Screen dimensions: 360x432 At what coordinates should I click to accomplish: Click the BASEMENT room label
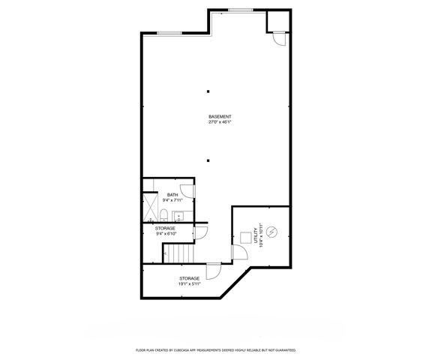click(x=220, y=116)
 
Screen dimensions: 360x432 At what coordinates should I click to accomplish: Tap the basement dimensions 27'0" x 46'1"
click(x=220, y=122)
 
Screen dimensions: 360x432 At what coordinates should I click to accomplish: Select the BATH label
click(x=172, y=195)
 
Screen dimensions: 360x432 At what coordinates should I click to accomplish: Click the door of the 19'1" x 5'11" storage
click(x=213, y=269)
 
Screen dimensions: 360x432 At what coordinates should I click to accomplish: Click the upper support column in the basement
click(x=208, y=91)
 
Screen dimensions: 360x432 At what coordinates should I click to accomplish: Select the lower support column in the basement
click(x=208, y=160)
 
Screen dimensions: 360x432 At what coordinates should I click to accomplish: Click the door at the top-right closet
click(x=277, y=38)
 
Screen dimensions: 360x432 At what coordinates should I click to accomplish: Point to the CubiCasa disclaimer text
click(x=215, y=350)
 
